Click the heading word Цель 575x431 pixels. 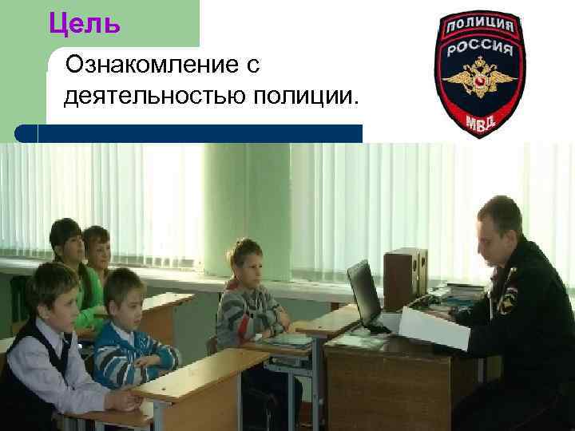[x=84, y=24]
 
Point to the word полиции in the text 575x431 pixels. [x=305, y=97]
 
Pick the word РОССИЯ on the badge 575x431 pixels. [x=480, y=49]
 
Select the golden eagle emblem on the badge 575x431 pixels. [x=480, y=82]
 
